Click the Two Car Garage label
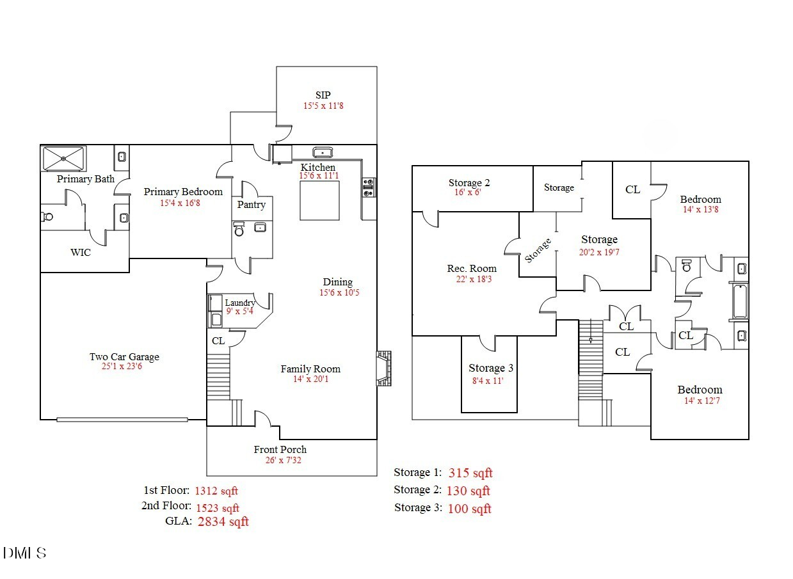124,357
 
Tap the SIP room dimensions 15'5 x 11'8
323,106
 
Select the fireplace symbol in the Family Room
383,369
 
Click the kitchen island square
319,200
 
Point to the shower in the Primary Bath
63,157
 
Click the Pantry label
251,205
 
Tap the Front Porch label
280,449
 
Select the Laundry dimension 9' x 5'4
239,312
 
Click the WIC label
80,252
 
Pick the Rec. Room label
472,269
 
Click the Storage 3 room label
490,368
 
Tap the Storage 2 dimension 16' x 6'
469,193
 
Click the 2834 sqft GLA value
223,521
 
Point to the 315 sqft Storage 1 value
470,473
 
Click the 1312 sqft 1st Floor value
216,491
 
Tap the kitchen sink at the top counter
322,152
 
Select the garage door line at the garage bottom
122,420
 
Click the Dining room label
337,282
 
